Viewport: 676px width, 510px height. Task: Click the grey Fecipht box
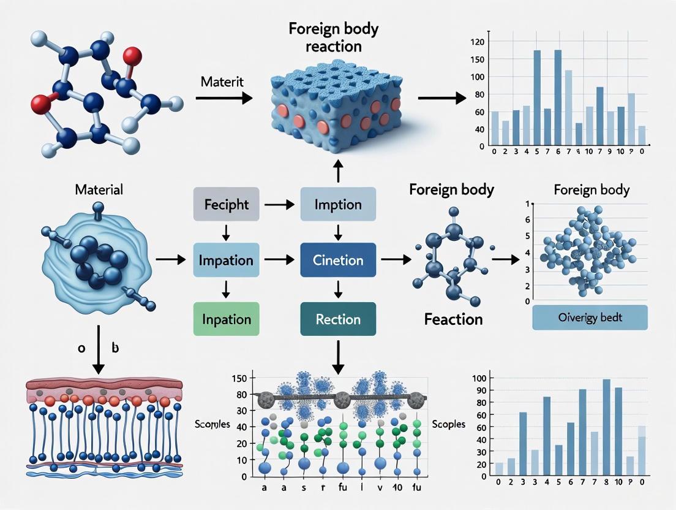(226, 205)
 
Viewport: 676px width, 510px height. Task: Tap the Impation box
(226, 260)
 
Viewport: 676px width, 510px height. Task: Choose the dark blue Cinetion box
(338, 260)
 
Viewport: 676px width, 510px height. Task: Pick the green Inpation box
(226, 319)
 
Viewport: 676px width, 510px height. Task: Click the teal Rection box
(338, 319)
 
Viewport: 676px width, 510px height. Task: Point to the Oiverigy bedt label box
(590, 318)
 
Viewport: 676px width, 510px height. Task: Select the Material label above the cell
(99, 189)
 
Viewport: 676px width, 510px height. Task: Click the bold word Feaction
(453, 319)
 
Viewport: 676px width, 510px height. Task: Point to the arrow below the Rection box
(337, 356)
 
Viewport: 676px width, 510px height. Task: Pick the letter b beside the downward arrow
(115, 348)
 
